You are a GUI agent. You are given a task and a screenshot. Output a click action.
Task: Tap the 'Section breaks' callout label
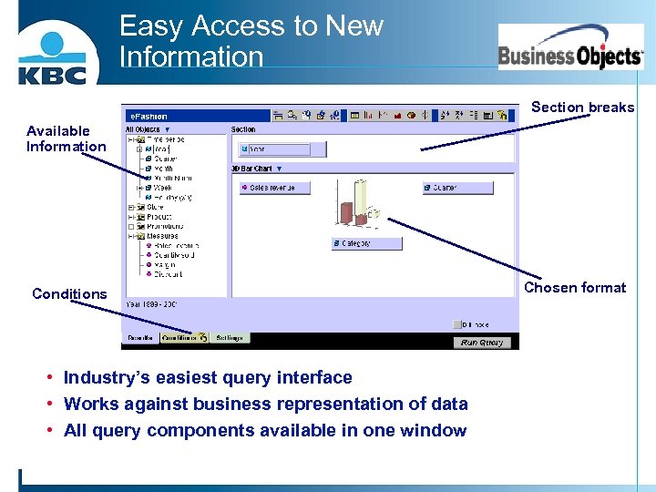[582, 108]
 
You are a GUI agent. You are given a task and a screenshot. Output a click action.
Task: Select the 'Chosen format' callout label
[575, 288]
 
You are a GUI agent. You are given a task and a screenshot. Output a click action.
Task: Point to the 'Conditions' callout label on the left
[69, 294]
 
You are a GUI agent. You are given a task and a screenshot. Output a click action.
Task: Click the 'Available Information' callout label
[66, 138]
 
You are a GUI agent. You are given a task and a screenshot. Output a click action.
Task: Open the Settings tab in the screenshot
[230, 338]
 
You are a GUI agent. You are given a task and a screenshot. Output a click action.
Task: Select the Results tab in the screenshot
[140, 338]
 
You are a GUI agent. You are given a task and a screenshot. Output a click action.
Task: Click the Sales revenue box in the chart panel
[275, 189]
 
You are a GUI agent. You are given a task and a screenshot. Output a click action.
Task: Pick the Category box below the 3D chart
[366, 244]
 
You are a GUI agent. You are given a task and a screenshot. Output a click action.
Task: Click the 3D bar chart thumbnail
[358, 205]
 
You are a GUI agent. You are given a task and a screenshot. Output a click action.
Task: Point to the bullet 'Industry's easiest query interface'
[208, 377]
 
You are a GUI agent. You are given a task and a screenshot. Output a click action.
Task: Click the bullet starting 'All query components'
[265, 430]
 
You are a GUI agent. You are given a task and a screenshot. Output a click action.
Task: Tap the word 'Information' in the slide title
[191, 56]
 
